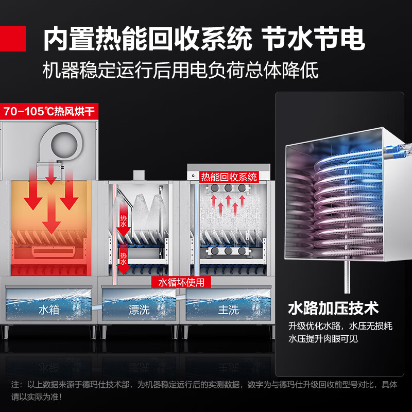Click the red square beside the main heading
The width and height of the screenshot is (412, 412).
pyautogui.click(x=12, y=38)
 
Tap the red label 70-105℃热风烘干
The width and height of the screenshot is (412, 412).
pyautogui.click(x=49, y=111)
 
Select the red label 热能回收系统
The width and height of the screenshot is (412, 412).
pyautogui.click(x=229, y=177)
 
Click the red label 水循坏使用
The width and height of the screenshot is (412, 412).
pyautogui.click(x=181, y=282)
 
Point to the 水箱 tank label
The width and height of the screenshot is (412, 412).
pyautogui.click(x=49, y=310)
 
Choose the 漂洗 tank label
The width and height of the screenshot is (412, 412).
pyautogui.click(x=139, y=310)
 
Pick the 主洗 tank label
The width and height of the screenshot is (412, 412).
pyautogui.click(x=228, y=310)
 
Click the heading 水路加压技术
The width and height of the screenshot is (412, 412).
pyautogui.click(x=333, y=308)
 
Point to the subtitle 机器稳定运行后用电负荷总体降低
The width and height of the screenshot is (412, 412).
pyautogui.click(x=181, y=70)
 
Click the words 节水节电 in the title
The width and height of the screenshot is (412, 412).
pyautogui.click(x=314, y=39)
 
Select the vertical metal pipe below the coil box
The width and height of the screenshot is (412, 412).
pyautogui.click(x=347, y=277)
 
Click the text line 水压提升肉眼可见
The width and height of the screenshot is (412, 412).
pyautogui.click(x=323, y=338)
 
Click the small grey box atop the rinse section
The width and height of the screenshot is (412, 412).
pyautogui.click(x=139, y=175)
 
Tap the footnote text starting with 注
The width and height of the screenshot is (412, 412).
pyautogui.click(x=204, y=391)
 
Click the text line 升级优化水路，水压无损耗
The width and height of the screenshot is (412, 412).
pyautogui.click(x=340, y=326)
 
